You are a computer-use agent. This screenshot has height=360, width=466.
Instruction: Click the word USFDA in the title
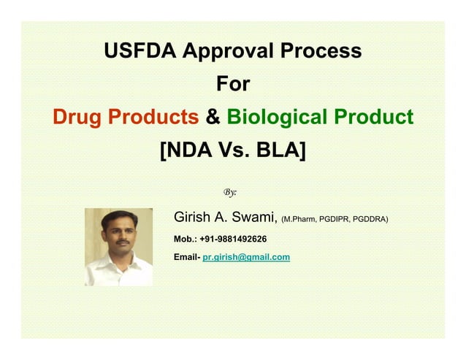[140, 51]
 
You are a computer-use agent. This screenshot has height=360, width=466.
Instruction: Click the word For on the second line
[233, 84]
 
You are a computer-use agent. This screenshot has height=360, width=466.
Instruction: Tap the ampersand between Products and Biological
[214, 117]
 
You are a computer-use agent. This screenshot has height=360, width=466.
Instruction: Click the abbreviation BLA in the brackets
[280, 150]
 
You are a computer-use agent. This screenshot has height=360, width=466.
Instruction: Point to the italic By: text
[230, 192]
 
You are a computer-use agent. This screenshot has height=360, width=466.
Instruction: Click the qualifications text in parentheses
[335, 219]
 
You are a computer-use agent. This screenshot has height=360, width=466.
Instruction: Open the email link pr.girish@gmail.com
[246, 257]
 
